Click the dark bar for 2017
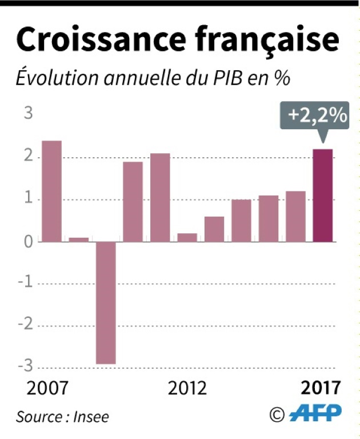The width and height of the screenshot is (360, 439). [323, 195]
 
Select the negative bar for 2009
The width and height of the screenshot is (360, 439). [106, 302]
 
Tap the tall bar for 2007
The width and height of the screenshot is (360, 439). [51, 191]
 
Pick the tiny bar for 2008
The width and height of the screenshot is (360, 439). [79, 239]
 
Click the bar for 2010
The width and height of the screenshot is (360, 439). [133, 201]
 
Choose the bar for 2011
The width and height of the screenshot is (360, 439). [160, 197]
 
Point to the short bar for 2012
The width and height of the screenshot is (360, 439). [187, 237]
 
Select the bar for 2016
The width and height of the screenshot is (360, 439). [295, 216]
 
